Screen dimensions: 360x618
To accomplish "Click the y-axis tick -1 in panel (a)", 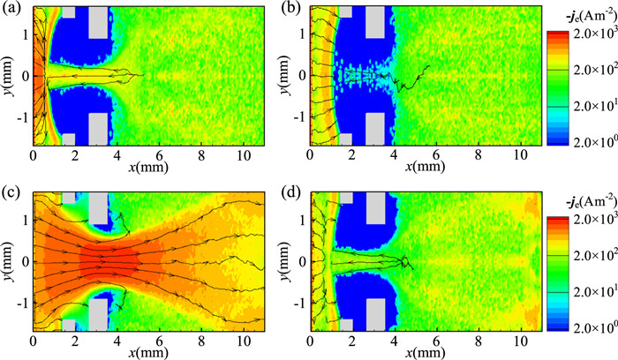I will tap(21, 116).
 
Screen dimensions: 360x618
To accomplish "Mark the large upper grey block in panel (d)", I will tap(375, 206).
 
